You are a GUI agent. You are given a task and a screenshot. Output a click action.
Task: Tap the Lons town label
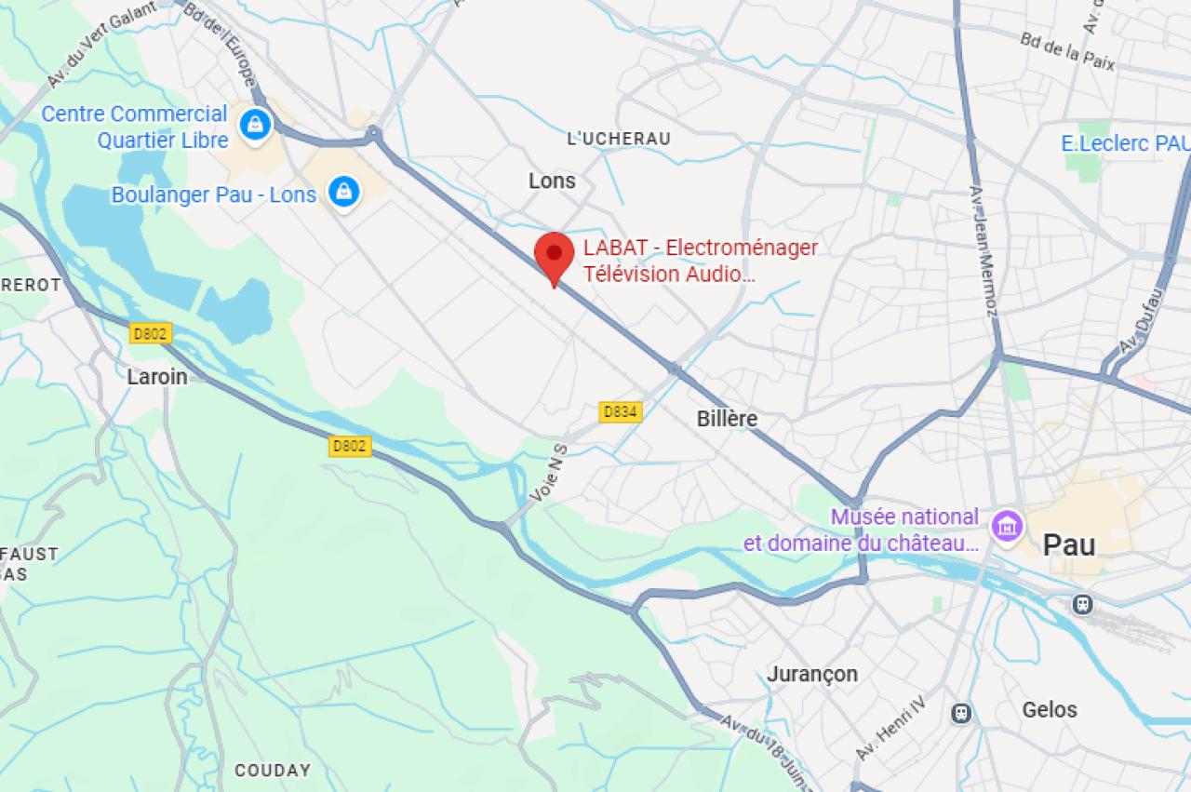[552, 181]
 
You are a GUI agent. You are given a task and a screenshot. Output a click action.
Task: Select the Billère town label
[727, 419]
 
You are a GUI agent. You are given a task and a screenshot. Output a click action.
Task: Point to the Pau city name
[1069, 544]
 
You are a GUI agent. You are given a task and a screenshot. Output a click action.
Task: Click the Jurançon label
[812, 674]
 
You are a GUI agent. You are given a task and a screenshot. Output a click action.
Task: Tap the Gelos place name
[1050, 709]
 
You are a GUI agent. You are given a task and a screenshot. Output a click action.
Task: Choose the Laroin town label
[157, 377]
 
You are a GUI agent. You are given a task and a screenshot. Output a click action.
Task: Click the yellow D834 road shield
[620, 411]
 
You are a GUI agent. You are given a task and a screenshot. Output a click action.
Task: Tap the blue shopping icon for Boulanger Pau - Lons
[344, 192]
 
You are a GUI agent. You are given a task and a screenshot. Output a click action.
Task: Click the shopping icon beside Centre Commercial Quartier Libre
[254, 123]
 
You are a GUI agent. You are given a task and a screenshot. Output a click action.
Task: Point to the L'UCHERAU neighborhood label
[619, 139]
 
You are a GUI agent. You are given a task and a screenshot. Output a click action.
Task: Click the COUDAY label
[273, 771]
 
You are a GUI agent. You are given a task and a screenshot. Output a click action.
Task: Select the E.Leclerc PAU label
[1125, 143]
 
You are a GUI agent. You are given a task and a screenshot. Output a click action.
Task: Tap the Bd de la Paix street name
[1067, 51]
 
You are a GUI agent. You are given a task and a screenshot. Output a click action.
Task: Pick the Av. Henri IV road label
[891, 727]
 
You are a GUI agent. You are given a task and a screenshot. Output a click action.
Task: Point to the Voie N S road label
[548, 475]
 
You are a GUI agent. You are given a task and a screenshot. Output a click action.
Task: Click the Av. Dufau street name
[1142, 320]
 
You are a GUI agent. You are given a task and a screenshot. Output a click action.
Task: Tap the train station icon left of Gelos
[961, 713]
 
